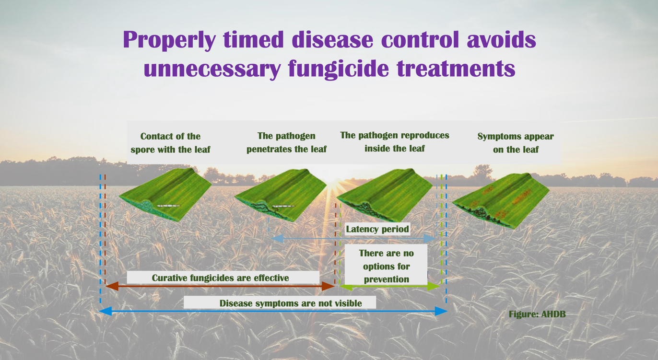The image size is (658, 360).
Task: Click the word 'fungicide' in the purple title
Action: tap(339, 69)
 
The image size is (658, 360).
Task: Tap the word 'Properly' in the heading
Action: tap(169, 40)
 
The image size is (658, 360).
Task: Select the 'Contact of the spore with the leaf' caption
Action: tap(170, 143)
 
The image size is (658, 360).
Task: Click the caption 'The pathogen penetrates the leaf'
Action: tap(286, 142)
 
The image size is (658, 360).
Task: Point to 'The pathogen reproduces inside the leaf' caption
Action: tap(395, 142)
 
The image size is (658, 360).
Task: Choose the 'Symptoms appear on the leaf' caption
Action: tap(516, 143)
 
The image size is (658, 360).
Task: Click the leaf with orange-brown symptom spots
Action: tap(501, 200)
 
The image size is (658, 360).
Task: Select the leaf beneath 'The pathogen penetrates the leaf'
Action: tap(281, 195)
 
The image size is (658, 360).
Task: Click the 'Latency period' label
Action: tap(377, 229)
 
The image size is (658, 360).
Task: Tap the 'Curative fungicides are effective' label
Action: tap(220, 278)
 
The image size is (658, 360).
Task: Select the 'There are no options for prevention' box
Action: tap(386, 266)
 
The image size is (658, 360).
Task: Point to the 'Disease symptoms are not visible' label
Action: tap(291, 303)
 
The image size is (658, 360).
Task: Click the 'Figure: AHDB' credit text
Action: tap(537, 314)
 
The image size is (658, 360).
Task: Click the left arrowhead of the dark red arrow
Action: tap(112, 286)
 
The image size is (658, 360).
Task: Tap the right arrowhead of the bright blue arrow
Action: tap(441, 311)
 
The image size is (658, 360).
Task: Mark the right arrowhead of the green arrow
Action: tap(434, 286)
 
